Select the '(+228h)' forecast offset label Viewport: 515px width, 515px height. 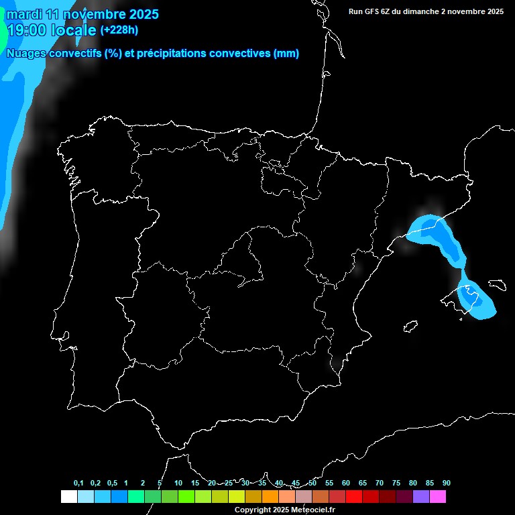(119, 30)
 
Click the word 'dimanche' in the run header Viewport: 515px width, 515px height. (416, 11)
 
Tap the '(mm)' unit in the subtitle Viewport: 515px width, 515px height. (286, 54)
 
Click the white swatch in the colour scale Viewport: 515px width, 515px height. (68, 496)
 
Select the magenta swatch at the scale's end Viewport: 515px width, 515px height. (438, 496)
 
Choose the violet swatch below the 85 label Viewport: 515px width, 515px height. (421, 496)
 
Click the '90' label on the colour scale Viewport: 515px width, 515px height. (447, 483)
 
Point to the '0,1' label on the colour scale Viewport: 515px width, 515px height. (78, 483)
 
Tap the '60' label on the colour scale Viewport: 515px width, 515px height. (346, 483)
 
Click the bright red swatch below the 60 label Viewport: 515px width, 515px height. (354, 496)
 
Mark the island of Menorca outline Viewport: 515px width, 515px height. (497, 285)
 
